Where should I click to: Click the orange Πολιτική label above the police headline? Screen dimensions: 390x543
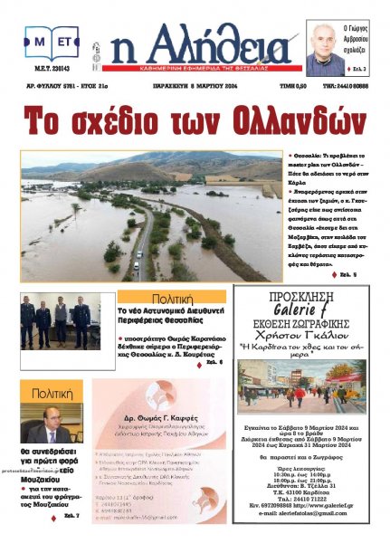pyautogui.click(x=171, y=297)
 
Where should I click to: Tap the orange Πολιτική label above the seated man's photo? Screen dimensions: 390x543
pyautogui.click(x=52, y=394)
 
